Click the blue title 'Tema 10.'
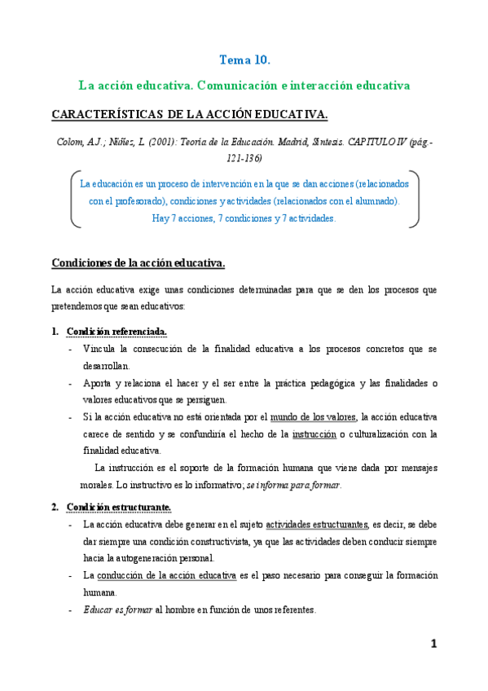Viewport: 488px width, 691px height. (x=244, y=59)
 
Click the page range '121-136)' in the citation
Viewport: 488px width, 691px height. (x=244, y=156)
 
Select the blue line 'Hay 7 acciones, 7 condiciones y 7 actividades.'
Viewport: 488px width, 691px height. (x=244, y=218)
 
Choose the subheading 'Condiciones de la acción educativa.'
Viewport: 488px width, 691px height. (x=138, y=263)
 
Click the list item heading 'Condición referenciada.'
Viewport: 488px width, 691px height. (x=117, y=332)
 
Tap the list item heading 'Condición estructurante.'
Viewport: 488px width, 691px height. (x=119, y=508)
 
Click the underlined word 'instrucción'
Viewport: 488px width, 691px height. (x=314, y=434)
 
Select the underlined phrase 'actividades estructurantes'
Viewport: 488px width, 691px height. (x=316, y=525)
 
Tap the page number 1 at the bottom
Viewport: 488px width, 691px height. (x=434, y=644)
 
